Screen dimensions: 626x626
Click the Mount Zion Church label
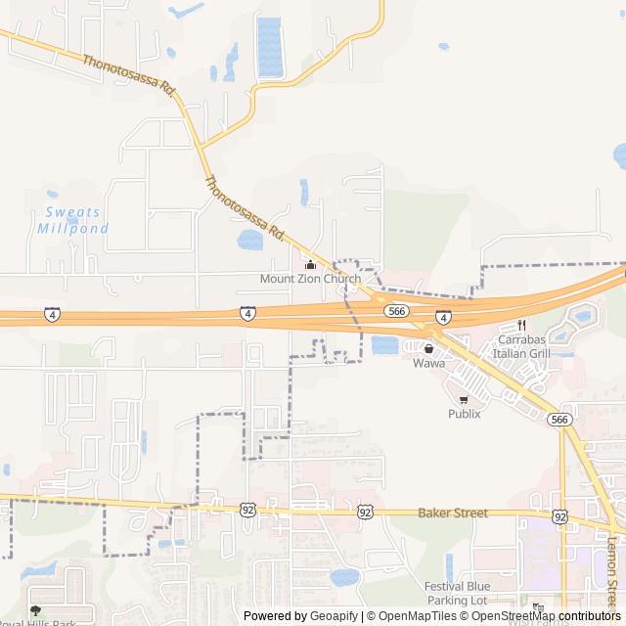(310, 279)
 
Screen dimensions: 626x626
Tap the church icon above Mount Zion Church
(311, 264)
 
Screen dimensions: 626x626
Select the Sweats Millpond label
(72, 220)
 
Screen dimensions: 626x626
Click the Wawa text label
(428, 363)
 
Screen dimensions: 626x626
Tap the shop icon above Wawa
(428, 348)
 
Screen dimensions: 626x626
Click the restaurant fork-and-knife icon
(521, 325)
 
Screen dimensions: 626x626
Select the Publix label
(465, 413)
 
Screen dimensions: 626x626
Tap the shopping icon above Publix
(464, 399)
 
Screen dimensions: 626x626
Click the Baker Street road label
(452, 513)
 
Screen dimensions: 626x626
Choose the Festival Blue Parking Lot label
(457, 593)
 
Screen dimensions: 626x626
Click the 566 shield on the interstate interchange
(396, 310)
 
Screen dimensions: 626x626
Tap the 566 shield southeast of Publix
(559, 419)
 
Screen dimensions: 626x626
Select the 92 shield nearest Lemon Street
(559, 515)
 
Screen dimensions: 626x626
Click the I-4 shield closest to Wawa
(443, 318)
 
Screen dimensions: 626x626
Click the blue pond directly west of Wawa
(384, 344)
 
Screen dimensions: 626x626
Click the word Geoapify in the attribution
(334, 616)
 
